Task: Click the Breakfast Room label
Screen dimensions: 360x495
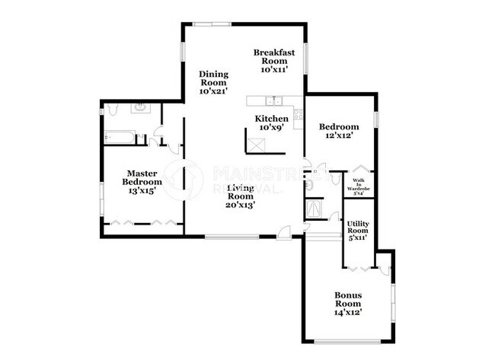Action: (274, 59)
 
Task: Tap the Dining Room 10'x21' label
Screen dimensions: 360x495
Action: (214, 82)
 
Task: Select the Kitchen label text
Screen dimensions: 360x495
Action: (272, 123)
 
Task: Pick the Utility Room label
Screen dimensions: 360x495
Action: (357, 229)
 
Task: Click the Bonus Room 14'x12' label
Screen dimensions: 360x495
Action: (347, 303)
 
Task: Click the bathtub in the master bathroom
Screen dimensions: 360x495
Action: (120, 138)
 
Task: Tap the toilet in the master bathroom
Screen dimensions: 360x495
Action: (112, 111)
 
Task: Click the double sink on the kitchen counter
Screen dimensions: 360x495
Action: (272, 100)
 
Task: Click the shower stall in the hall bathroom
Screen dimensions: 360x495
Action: (313, 208)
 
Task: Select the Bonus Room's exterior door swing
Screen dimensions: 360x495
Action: (385, 266)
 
